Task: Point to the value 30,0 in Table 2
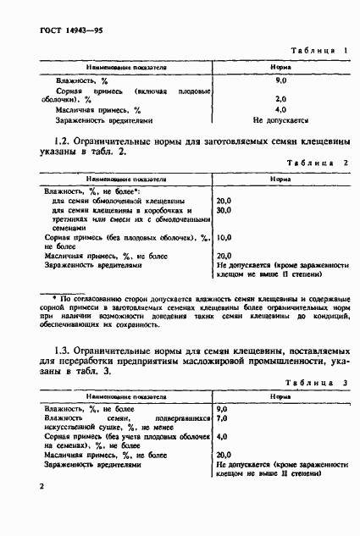[224, 211]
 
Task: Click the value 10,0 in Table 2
[224, 238]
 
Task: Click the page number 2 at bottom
[42, 487]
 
